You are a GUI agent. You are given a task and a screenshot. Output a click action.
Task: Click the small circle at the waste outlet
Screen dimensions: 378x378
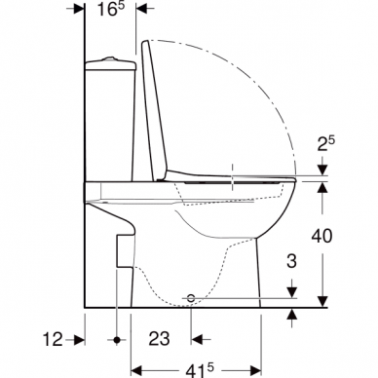[192, 294]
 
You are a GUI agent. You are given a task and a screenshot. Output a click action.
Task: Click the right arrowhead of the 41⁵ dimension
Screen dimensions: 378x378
[258, 370]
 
